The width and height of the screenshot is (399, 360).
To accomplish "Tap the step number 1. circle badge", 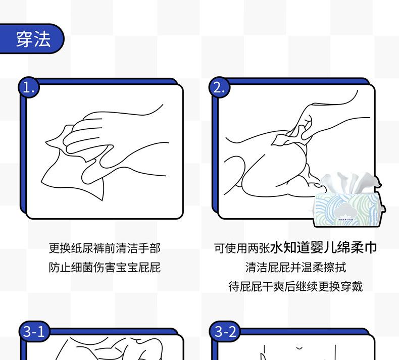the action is click(29, 87).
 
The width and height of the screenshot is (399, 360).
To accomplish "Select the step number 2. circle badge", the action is click(219, 87).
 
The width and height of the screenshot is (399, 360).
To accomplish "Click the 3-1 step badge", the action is click(34, 332).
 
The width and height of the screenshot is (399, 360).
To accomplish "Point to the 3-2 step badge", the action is click(225, 332).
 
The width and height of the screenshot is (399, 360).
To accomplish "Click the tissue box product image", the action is click(348, 199).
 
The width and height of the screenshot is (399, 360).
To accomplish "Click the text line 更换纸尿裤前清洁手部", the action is click(105, 248).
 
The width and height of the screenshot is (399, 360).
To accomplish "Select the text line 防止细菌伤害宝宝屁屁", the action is click(105, 268).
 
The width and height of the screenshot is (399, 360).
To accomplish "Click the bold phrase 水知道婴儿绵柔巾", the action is click(323, 247).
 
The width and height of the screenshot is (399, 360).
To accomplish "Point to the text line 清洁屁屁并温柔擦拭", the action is click(295, 268).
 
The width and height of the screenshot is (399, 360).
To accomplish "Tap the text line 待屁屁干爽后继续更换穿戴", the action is click(295, 286).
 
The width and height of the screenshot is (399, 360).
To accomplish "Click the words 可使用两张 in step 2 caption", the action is click(242, 248).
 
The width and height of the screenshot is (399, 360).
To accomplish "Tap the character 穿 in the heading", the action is click(24, 39).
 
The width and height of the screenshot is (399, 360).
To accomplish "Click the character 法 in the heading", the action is click(42, 39).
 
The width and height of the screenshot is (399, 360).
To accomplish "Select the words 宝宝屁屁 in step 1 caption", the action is click(138, 268).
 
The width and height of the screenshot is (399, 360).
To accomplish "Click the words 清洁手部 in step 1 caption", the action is click(138, 248).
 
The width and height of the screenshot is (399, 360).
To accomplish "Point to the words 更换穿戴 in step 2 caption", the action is click(340, 286).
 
